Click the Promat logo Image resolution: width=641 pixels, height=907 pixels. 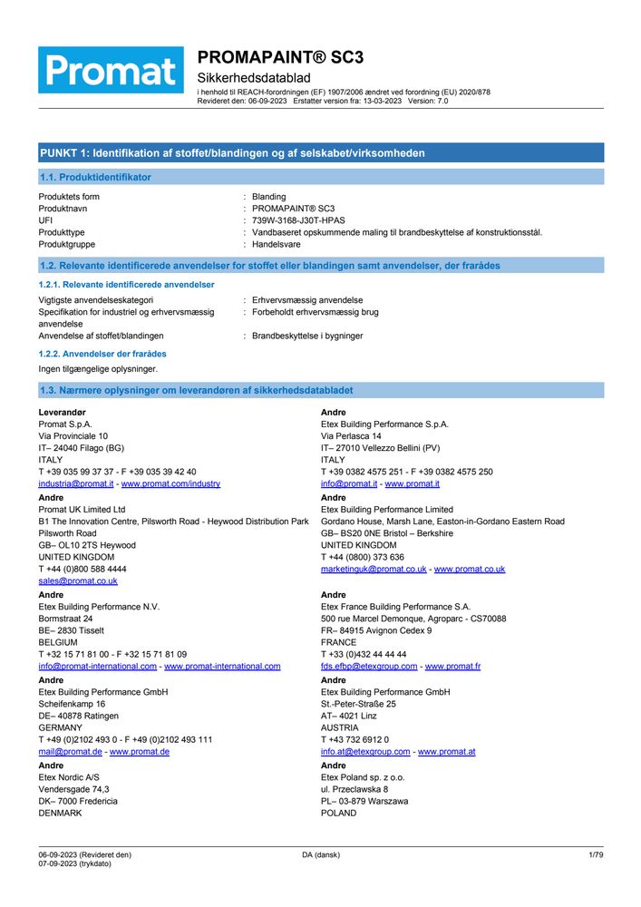[x=111, y=70]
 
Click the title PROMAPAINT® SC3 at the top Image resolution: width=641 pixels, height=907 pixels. [x=280, y=57]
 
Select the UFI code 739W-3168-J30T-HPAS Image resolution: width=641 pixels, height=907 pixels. [x=298, y=220]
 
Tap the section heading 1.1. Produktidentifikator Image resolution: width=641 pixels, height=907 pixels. [x=96, y=177]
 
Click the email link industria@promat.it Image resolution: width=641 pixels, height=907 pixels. [x=76, y=483]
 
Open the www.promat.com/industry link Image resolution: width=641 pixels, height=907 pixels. [x=170, y=483]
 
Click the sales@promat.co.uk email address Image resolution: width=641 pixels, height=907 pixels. [x=78, y=580]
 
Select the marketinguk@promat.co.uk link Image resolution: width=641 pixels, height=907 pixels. [x=374, y=569]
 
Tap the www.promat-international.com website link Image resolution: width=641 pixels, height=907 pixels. [x=222, y=666]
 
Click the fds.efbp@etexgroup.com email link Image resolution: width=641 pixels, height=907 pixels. [x=369, y=666]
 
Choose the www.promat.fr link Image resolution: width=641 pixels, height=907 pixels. [x=452, y=666]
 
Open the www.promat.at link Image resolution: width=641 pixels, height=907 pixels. [x=446, y=752]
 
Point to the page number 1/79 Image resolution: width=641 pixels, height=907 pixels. [x=596, y=854]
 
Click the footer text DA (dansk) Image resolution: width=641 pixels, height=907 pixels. [x=321, y=854]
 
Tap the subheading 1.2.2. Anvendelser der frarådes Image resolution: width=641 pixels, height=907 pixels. [x=102, y=354]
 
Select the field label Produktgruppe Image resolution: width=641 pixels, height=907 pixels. [x=66, y=244]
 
